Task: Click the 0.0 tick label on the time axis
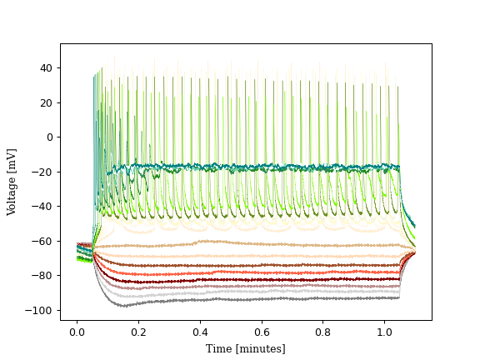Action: click(77, 331)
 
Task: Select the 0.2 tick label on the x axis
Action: click(138, 331)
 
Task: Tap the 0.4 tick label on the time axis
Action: click(200, 331)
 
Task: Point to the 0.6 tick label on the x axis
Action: click(262, 331)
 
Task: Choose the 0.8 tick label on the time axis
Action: click(323, 331)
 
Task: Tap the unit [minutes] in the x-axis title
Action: click(260, 348)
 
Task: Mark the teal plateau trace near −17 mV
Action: click(250, 167)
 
